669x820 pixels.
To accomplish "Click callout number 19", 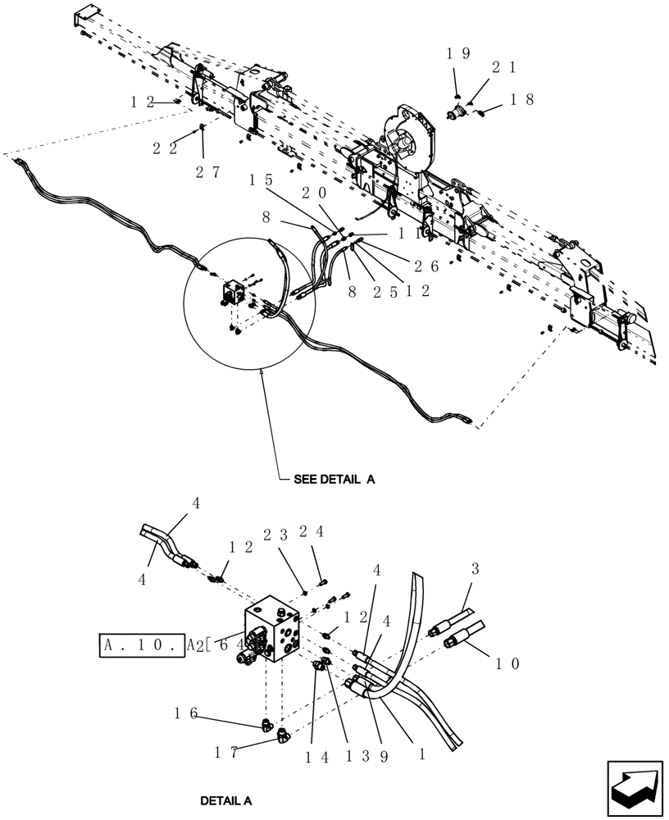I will (457, 54).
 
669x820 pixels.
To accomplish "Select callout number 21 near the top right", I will (502, 67).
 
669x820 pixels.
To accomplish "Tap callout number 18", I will (522, 100).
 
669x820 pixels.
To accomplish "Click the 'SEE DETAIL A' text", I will (334, 481).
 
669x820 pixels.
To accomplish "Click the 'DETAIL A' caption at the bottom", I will (225, 799).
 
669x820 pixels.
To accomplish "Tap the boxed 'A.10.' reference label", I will (139, 645).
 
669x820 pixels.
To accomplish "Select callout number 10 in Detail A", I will (506, 663).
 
